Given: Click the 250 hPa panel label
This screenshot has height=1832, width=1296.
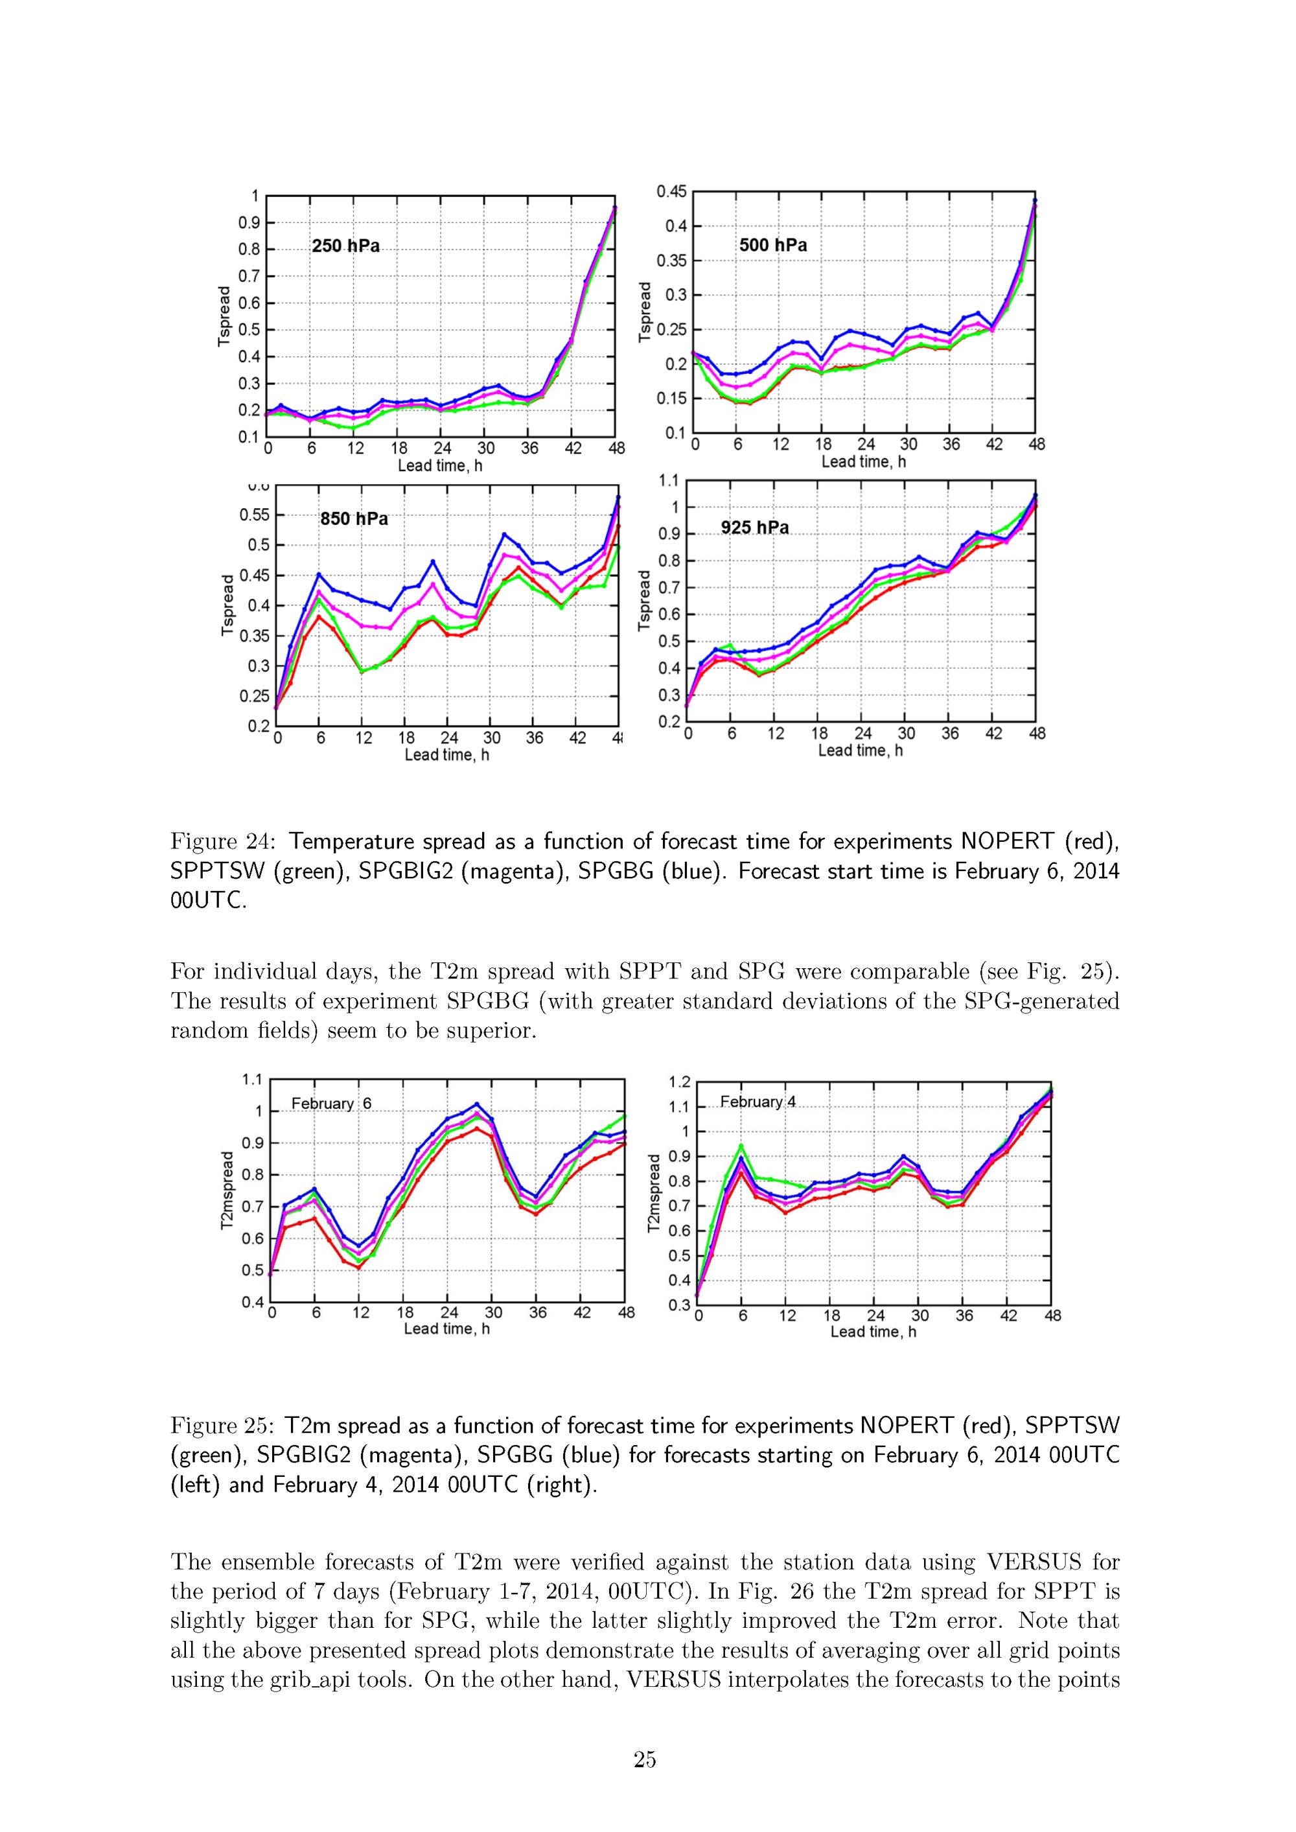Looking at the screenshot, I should click(345, 246).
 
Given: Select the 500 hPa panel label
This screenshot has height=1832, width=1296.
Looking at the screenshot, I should click(772, 245).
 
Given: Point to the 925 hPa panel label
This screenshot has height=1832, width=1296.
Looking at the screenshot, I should click(755, 528).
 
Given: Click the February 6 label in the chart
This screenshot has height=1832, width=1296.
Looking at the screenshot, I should click(331, 1104).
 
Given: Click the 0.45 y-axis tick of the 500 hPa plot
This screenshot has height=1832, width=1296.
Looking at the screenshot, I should click(671, 192).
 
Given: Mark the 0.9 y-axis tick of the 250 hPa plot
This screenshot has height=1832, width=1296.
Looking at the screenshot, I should click(249, 223).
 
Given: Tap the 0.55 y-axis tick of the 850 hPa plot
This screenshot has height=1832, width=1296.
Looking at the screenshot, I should click(255, 515).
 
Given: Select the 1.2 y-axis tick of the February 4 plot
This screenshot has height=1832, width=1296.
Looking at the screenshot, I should click(679, 1082).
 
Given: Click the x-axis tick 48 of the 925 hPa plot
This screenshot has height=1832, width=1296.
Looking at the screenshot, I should click(1037, 734).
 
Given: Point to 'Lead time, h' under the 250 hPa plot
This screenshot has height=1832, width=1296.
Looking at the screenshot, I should click(441, 465).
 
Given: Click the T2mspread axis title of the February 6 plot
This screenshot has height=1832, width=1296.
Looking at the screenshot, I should click(227, 1190).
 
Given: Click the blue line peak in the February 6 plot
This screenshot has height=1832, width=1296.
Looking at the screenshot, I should click(476, 1104).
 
